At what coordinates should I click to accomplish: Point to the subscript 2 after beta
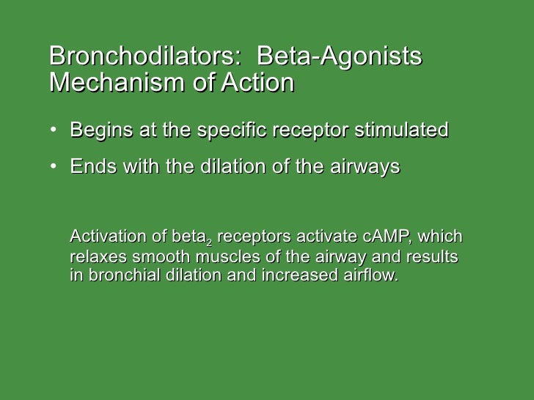click(x=209, y=241)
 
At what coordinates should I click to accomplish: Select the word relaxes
click(x=95, y=257)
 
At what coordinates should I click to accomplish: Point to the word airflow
click(x=370, y=277)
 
